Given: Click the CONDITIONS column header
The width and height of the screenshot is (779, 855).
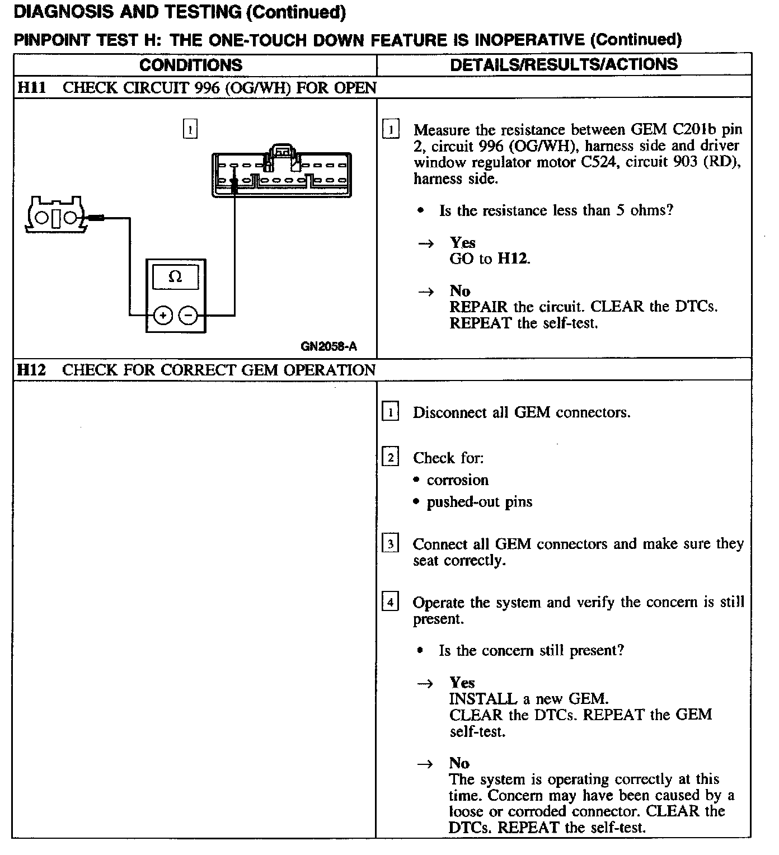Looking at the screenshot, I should [x=191, y=65].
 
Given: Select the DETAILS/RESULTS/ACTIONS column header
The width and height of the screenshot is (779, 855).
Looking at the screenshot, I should [x=564, y=64].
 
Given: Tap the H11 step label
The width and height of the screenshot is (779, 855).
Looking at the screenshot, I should [x=31, y=88].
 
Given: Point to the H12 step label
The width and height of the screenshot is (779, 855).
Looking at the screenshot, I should [x=31, y=370].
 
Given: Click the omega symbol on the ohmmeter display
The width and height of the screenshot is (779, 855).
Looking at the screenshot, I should [x=175, y=277].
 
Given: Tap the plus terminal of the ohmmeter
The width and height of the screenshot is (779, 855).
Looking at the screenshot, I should [x=162, y=316].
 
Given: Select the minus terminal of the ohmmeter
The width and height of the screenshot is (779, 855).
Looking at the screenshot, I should [x=188, y=316].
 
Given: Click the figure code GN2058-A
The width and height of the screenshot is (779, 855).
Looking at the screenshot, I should [x=329, y=346].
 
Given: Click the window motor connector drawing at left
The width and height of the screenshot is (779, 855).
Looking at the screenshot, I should [x=55, y=214].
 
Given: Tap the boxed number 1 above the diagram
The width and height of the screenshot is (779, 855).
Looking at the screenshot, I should [x=190, y=129].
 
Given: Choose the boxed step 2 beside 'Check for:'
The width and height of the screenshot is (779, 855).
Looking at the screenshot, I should [x=390, y=458].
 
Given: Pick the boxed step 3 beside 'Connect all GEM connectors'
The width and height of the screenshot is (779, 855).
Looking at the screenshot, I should [x=390, y=544].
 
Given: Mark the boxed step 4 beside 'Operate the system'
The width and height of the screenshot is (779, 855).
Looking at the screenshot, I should [x=390, y=603].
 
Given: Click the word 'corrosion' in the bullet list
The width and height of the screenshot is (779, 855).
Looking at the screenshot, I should [x=457, y=480].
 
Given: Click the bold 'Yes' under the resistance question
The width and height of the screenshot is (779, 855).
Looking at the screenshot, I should [x=462, y=242].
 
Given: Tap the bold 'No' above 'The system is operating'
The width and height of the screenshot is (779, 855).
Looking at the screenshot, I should [x=459, y=763].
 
